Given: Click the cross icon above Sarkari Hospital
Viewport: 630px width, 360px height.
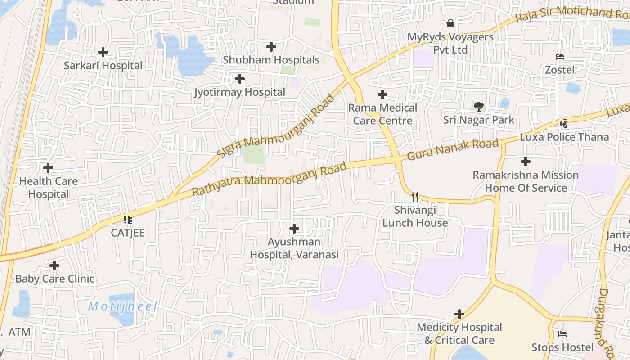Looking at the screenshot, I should tap(103, 52).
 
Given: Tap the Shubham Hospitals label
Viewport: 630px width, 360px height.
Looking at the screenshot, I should tap(271, 60).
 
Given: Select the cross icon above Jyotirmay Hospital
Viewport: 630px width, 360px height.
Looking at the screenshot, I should tap(240, 79).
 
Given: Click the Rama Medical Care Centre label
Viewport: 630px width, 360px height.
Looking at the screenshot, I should tap(382, 114).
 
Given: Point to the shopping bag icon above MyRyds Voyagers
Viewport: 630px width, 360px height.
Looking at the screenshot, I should tap(450, 23).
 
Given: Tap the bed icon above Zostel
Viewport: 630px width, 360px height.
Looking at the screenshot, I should tap(560, 57).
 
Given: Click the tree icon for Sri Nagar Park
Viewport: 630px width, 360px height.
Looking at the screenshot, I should tap(479, 107).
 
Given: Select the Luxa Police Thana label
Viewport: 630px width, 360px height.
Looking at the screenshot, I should tap(564, 137).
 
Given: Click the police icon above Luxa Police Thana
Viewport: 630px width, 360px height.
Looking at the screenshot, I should tap(564, 123).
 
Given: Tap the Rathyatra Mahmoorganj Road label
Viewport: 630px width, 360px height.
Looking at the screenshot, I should tap(270, 179).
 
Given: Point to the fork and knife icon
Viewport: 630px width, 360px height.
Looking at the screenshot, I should tap(415, 197).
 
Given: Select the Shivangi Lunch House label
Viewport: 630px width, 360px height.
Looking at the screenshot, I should tap(415, 216).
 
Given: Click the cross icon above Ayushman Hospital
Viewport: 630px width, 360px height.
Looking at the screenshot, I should tap(294, 229).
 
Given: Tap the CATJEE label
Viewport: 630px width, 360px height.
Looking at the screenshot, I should tap(128, 233).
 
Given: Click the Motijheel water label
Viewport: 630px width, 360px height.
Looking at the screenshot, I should tap(122, 307).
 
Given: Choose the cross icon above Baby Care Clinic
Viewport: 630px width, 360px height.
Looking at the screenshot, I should tap(54, 265).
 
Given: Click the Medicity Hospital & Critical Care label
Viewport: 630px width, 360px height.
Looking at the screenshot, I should tap(459, 333).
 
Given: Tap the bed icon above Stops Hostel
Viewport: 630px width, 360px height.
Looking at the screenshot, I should tap(562, 334).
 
